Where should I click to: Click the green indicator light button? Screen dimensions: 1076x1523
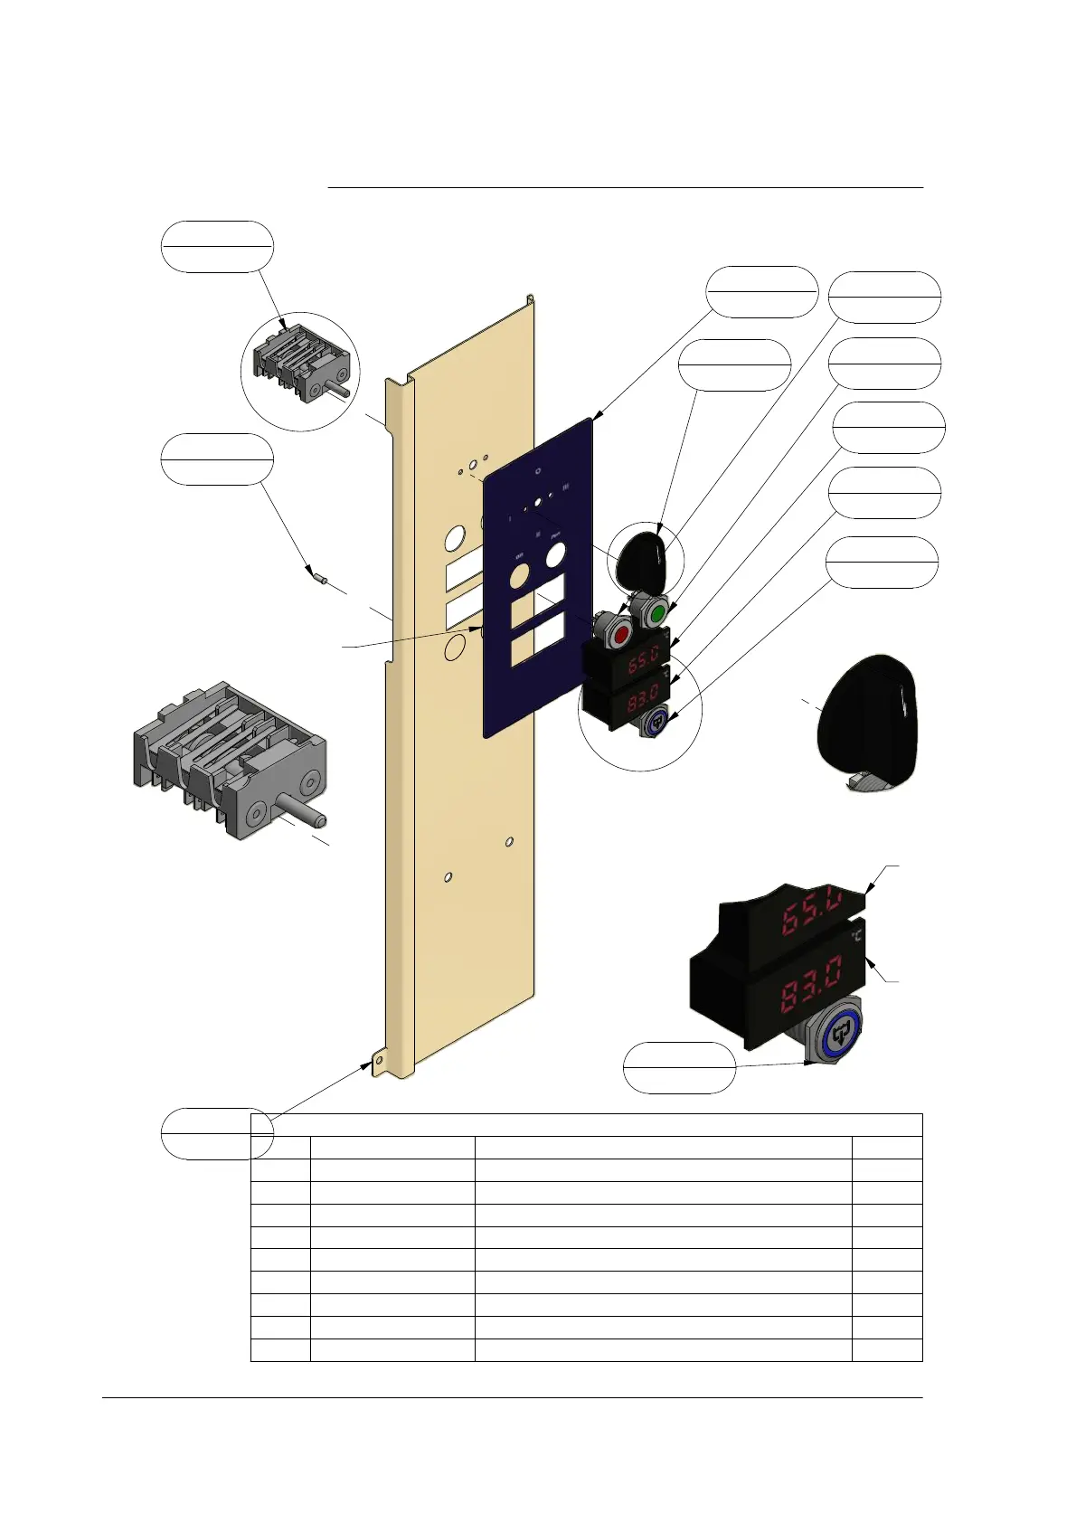click(656, 613)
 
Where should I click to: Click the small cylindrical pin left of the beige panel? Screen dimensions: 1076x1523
click(317, 575)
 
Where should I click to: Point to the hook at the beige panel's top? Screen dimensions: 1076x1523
click(530, 298)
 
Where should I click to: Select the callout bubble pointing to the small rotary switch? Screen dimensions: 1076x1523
click(217, 246)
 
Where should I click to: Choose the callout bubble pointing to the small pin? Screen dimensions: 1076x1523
click(217, 459)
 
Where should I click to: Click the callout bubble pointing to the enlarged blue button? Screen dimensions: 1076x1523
click(679, 1067)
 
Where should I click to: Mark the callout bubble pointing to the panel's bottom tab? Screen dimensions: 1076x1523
click(217, 1132)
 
